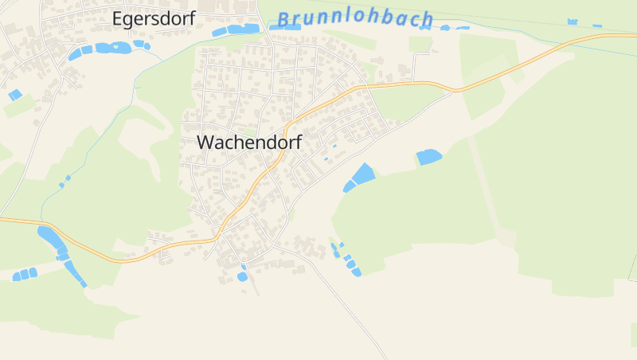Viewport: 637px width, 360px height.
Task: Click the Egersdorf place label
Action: point(154,19)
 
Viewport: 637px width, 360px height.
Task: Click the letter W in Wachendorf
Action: point(205,143)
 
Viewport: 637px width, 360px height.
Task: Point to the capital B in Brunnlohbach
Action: point(284,18)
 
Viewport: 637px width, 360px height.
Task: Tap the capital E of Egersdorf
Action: point(118,19)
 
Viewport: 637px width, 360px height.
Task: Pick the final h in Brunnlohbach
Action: point(428,19)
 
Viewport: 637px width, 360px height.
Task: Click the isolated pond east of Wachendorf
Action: point(428,157)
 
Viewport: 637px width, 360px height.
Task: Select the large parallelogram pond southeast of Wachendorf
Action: point(363,174)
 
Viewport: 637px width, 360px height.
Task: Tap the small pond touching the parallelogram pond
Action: point(349,187)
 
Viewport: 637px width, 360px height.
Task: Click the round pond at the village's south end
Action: point(242,276)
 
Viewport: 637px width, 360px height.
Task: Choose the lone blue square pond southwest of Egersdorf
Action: point(14,95)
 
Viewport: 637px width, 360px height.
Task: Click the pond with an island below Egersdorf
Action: point(114,48)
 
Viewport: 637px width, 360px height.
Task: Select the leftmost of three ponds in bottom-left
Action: point(16,276)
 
